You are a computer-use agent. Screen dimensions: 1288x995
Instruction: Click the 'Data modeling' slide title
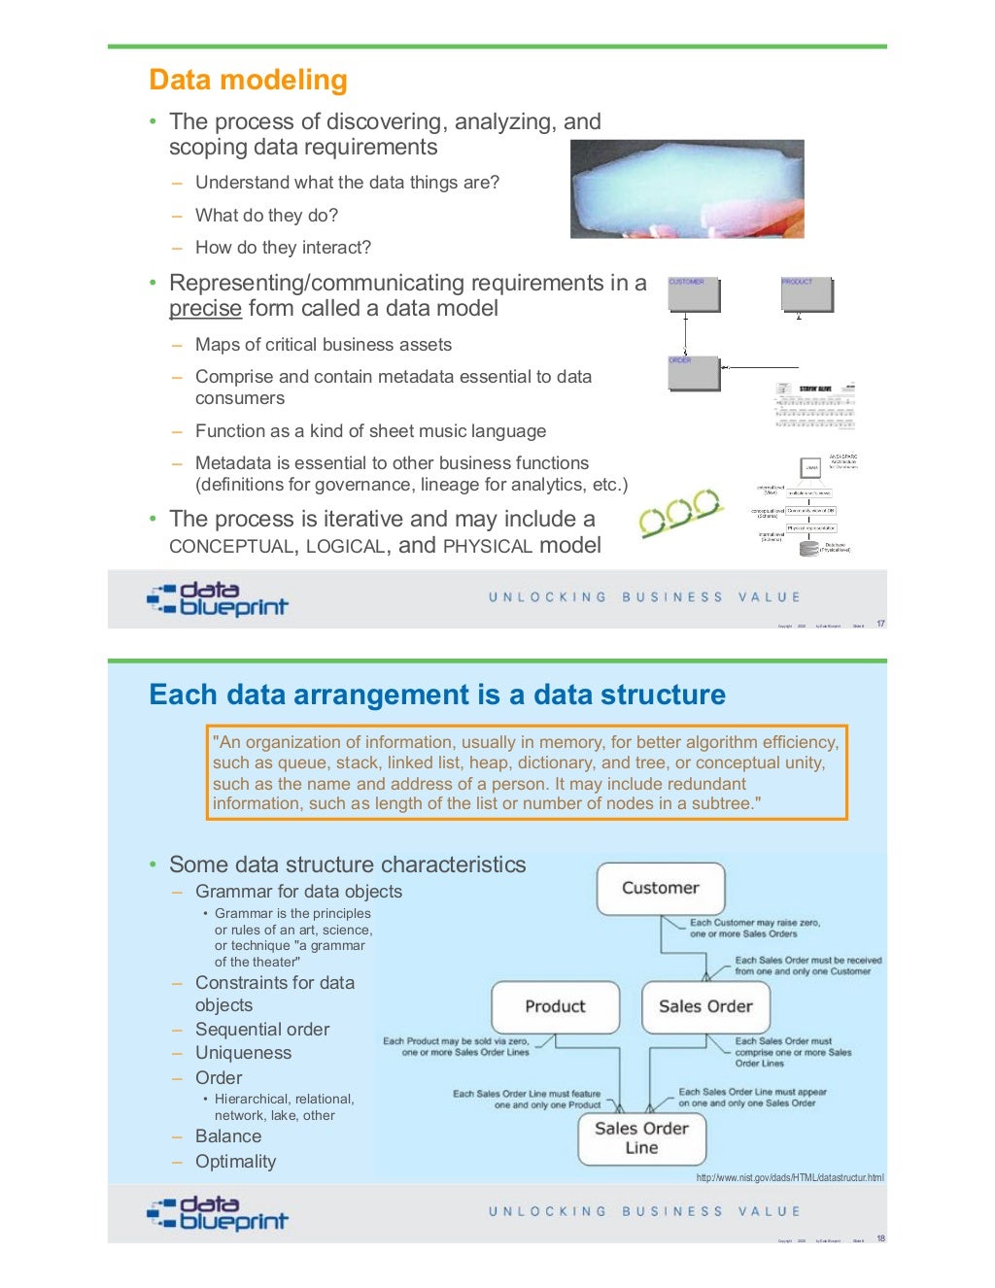click(248, 80)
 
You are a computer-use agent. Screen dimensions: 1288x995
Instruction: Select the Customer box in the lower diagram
click(661, 888)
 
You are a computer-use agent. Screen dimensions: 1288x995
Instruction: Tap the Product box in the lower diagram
click(555, 1006)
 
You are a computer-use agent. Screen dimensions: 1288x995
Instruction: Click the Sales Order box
click(705, 1006)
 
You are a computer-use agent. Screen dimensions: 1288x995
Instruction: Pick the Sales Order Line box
click(641, 1137)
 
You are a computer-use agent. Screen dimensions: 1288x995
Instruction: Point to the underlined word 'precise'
click(205, 309)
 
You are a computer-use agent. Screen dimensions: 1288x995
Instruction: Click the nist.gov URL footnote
click(790, 1177)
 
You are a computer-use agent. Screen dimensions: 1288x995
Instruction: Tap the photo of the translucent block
click(687, 188)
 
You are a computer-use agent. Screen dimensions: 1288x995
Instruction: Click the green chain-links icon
click(681, 512)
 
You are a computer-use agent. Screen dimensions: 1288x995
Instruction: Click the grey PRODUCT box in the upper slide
click(806, 294)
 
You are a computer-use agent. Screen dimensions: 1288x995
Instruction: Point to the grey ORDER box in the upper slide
click(694, 373)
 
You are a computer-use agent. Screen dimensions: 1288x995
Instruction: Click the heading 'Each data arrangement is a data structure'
click(437, 695)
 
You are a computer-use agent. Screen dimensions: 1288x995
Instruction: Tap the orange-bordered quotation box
click(527, 772)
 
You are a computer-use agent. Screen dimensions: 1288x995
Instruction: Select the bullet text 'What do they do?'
click(266, 216)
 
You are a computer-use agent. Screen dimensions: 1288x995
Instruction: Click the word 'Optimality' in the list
click(235, 1162)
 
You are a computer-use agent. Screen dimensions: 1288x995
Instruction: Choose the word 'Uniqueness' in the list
click(243, 1053)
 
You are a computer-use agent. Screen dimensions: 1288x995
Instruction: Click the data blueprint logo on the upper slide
click(218, 599)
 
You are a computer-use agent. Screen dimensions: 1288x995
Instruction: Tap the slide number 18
click(880, 1238)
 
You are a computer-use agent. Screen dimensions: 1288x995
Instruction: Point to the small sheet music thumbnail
click(815, 405)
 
